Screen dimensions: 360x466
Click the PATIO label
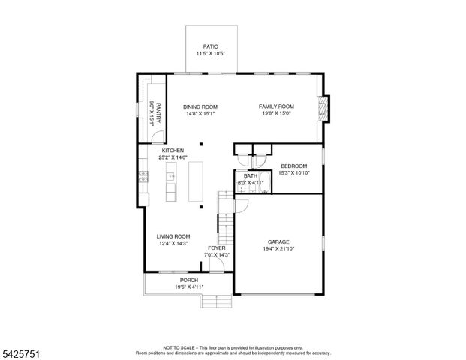click(211, 46)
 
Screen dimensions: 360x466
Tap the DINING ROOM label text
click(200, 106)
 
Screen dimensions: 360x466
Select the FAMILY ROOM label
click(276, 106)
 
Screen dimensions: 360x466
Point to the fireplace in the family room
click(323, 108)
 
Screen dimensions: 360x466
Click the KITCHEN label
click(172, 151)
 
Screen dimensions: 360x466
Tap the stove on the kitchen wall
click(142, 177)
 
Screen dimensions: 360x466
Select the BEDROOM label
click(293, 166)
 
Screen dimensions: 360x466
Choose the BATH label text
click(250, 175)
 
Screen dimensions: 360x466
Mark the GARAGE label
click(278, 241)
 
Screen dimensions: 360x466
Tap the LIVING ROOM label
click(172, 236)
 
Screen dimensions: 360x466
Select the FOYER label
click(217, 247)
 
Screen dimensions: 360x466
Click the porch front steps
click(215, 301)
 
